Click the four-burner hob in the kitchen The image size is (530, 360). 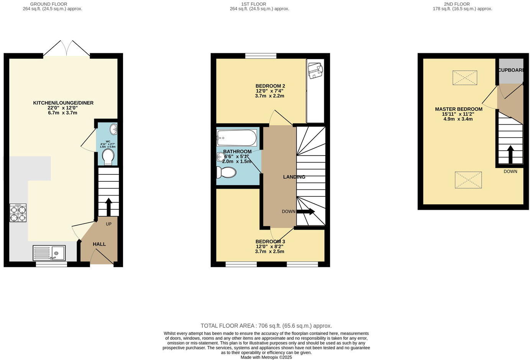tap(18, 213)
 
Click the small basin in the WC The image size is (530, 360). tap(113, 129)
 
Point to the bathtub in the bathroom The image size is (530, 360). tap(236, 138)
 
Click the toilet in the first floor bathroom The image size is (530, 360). tap(226, 172)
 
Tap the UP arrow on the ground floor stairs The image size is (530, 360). tap(108, 207)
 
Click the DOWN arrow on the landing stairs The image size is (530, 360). tap(305, 212)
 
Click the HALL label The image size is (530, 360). tap(99, 244)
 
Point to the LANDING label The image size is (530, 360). tap(294, 177)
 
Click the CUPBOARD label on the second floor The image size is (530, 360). tap(511, 70)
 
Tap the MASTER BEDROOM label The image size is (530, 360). tap(458, 109)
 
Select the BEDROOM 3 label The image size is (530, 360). tap(270, 242)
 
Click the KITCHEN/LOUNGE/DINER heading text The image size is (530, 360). tap(63, 103)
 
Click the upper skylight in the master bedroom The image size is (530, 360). tap(464, 78)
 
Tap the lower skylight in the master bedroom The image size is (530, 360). tap(468, 180)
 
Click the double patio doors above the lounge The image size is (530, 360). tap(67, 49)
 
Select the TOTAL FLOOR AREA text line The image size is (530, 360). tap(266, 325)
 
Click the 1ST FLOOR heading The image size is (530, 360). tap(253, 4)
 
